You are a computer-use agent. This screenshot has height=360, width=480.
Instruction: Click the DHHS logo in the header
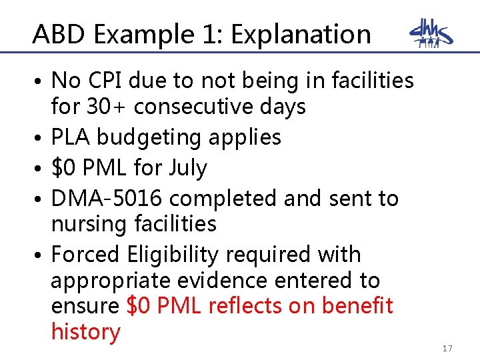tap(431, 34)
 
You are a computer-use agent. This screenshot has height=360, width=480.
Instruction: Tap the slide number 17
tap(447, 349)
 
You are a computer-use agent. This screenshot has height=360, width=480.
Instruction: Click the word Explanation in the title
tap(301, 34)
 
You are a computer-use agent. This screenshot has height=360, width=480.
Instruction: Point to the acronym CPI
tap(109, 81)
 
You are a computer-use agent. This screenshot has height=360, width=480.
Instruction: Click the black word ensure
tap(85, 307)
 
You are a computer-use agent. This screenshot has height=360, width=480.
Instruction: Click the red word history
tap(85, 332)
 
